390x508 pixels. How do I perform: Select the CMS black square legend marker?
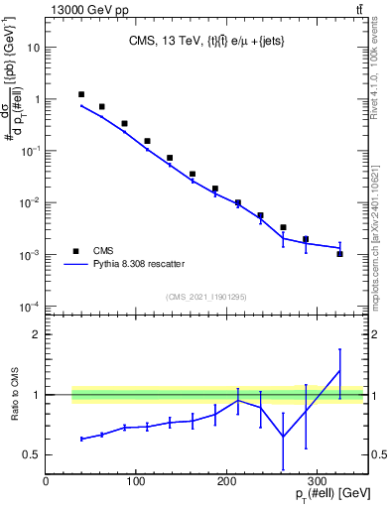[x=75, y=251]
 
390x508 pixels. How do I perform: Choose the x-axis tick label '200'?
[x=226, y=481]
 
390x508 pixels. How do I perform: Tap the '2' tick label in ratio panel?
[x=36, y=335]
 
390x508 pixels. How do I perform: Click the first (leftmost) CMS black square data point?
[x=81, y=94]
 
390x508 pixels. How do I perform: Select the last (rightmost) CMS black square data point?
[x=339, y=254]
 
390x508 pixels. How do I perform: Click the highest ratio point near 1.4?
[x=339, y=371]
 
